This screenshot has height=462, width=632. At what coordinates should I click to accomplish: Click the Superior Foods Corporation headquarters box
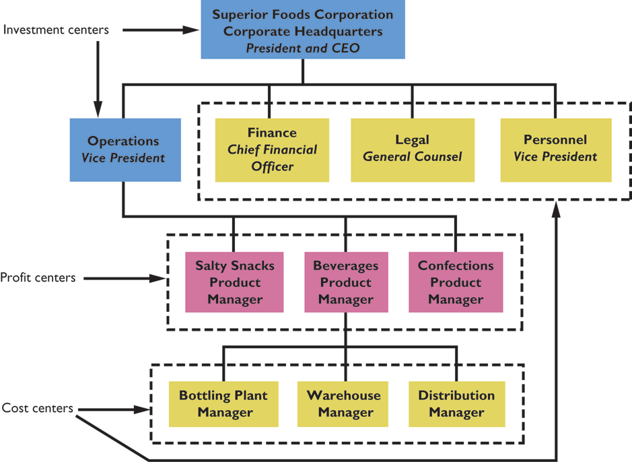pos(302,30)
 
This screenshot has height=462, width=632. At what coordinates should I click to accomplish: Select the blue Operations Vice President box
pos(125,150)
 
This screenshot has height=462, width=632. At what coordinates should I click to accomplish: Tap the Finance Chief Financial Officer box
pos(272,150)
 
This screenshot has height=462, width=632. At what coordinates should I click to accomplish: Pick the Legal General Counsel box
pos(412,150)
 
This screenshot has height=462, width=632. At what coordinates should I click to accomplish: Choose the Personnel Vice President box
pos(555,150)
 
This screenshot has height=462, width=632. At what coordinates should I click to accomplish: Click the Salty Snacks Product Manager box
pos(235,282)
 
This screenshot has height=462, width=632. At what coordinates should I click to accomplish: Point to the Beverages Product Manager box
pos(345,282)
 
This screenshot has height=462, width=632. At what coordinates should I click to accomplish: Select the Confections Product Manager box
pos(456,282)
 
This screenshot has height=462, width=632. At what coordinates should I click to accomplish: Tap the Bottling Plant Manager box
pos(223,403)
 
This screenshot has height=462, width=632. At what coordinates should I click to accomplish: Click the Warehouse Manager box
pos(344,403)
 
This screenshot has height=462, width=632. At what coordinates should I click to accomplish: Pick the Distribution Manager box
pos(456,403)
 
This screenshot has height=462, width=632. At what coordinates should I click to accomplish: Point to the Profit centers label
pos(38,277)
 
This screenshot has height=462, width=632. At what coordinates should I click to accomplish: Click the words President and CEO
pos(302,48)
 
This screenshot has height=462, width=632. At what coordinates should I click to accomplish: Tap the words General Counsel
pos(412,157)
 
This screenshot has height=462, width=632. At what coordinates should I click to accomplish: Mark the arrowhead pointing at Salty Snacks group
pos(161,277)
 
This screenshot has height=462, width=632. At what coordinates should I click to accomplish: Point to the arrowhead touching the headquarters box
pos(195,30)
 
